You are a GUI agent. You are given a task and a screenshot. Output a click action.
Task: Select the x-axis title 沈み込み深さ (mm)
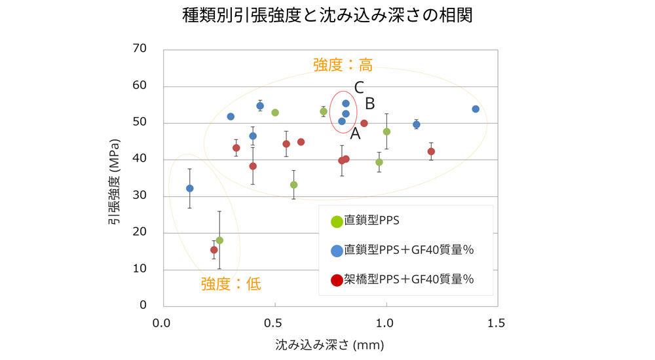coord(329,343)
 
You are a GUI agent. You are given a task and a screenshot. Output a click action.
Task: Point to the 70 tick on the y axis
coord(140,48)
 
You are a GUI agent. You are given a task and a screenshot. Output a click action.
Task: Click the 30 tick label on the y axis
coord(140,196)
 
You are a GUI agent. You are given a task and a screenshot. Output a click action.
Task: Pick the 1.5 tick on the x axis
coord(496,323)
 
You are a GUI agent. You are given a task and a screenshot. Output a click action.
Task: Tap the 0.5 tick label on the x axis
coord(274,323)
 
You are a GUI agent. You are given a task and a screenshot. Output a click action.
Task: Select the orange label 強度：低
coord(231,283)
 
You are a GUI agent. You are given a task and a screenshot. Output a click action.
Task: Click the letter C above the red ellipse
coord(359,87)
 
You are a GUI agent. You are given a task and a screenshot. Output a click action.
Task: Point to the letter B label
coord(369,103)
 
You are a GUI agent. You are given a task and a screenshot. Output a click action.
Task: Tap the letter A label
coord(355,134)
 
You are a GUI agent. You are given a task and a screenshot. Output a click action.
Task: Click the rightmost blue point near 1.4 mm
coord(476,109)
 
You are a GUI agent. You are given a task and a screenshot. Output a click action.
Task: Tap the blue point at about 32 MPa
coord(190,189)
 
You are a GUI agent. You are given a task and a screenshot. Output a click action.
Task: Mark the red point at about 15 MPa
coord(214,250)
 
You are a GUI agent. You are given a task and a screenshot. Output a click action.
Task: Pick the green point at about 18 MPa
coord(219,240)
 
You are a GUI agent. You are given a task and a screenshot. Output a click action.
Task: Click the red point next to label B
coord(364,123)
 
